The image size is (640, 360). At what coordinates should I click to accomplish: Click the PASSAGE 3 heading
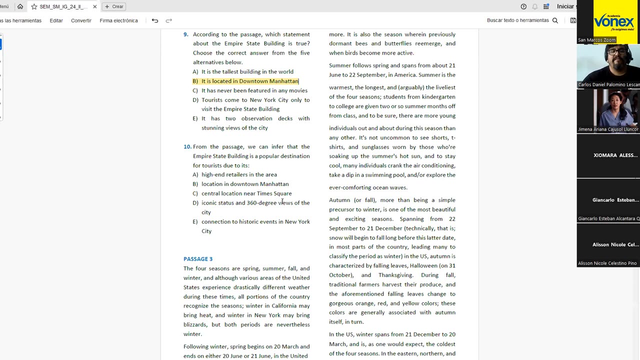(198, 259)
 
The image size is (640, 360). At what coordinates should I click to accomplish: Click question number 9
(185, 34)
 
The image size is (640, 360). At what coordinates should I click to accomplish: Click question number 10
(187, 147)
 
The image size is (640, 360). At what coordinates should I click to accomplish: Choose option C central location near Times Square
(246, 193)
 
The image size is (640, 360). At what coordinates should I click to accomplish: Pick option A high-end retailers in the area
(239, 174)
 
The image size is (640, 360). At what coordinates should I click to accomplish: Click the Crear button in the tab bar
(114, 6)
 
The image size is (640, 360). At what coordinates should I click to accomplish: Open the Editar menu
(56, 20)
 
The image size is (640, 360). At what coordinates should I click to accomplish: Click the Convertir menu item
(81, 20)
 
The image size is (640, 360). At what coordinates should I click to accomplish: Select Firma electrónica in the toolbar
(118, 20)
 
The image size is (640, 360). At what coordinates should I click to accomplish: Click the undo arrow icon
(155, 20)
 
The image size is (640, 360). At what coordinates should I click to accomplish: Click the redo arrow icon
(169, 20)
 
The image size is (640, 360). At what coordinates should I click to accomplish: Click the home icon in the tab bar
(20, 6)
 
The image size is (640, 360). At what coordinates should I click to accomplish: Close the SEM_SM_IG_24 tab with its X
(94, 6)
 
